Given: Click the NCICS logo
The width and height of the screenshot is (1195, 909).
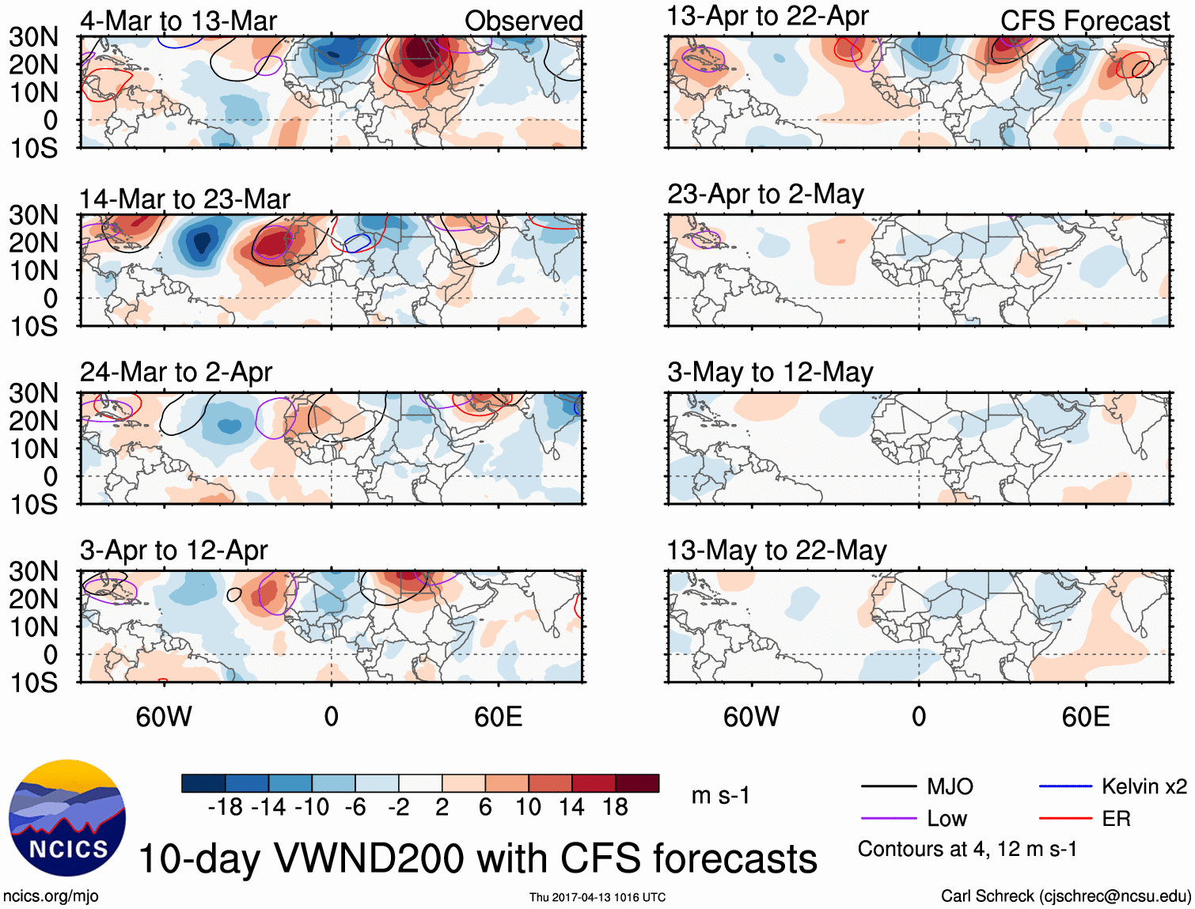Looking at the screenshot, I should [x=67, y=818].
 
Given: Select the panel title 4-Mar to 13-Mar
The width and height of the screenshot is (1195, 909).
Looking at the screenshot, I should [x=178, y=21].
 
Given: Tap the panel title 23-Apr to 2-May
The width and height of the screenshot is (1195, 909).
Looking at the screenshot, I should [x=765, y=194].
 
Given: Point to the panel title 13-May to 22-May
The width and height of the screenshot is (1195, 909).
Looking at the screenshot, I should [x=776, y=550].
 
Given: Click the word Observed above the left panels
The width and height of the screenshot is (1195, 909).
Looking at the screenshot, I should [x=523, y=21].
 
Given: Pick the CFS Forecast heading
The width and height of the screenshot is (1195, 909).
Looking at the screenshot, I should [x=1084, y=21].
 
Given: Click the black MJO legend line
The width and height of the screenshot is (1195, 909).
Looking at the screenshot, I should [x=889, y=786].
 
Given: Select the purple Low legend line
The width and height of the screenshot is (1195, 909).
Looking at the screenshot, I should [x=889, y=819].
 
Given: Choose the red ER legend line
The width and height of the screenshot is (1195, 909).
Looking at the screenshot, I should [x=1065, y=819].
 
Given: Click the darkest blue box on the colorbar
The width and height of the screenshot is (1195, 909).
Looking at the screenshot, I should [x=203, y=783].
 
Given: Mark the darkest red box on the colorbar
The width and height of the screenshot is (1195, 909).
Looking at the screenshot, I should [x=637, y=783].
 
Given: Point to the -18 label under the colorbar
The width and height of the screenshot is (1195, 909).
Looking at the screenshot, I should [x=225, y=807].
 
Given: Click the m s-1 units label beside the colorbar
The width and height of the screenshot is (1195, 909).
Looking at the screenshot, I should [x=720, y=795].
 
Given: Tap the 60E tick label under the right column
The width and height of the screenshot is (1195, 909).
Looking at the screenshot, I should [x=1085, y=717].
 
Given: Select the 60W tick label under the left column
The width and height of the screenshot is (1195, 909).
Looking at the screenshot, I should [x=164, y=717].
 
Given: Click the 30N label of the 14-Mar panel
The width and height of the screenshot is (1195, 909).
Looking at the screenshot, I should [x=34, y=215].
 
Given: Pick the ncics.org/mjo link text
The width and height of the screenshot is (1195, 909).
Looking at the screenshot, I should [x=51, y=896].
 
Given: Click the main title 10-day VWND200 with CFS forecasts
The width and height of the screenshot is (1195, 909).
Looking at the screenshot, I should [x=477, y=858].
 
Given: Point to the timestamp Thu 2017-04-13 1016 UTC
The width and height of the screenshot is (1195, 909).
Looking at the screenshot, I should [x=597, y=897].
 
